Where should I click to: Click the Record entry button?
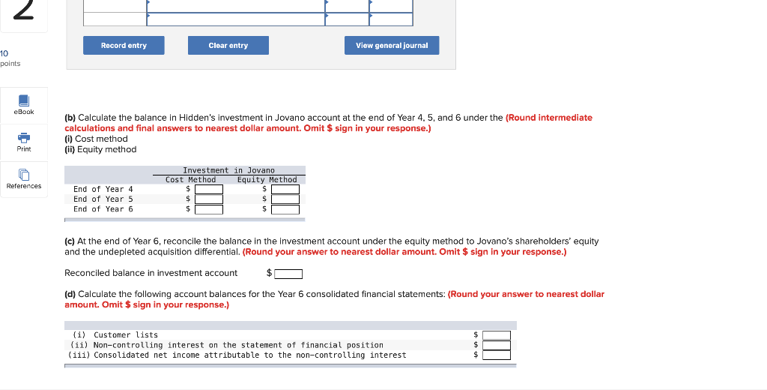point(124,46)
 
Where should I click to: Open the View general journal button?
point(392,46)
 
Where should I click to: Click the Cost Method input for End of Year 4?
point(209,189)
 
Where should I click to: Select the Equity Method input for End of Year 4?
point(285,189)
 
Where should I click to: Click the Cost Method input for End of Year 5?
point(209,199)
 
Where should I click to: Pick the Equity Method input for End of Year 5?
point(285,199)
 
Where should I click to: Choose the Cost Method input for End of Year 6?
point(209,209)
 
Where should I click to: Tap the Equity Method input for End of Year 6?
point(285,209)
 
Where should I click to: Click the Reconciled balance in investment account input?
point(288,274)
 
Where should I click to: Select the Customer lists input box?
point(496,335)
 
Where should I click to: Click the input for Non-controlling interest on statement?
point(496,345)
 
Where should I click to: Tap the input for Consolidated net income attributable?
point(496,355)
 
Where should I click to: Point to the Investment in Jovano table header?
point(228,170)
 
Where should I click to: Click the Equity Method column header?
point(267,179)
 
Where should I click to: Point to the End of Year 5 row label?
point(103,199)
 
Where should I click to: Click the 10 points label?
point(10,58)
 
